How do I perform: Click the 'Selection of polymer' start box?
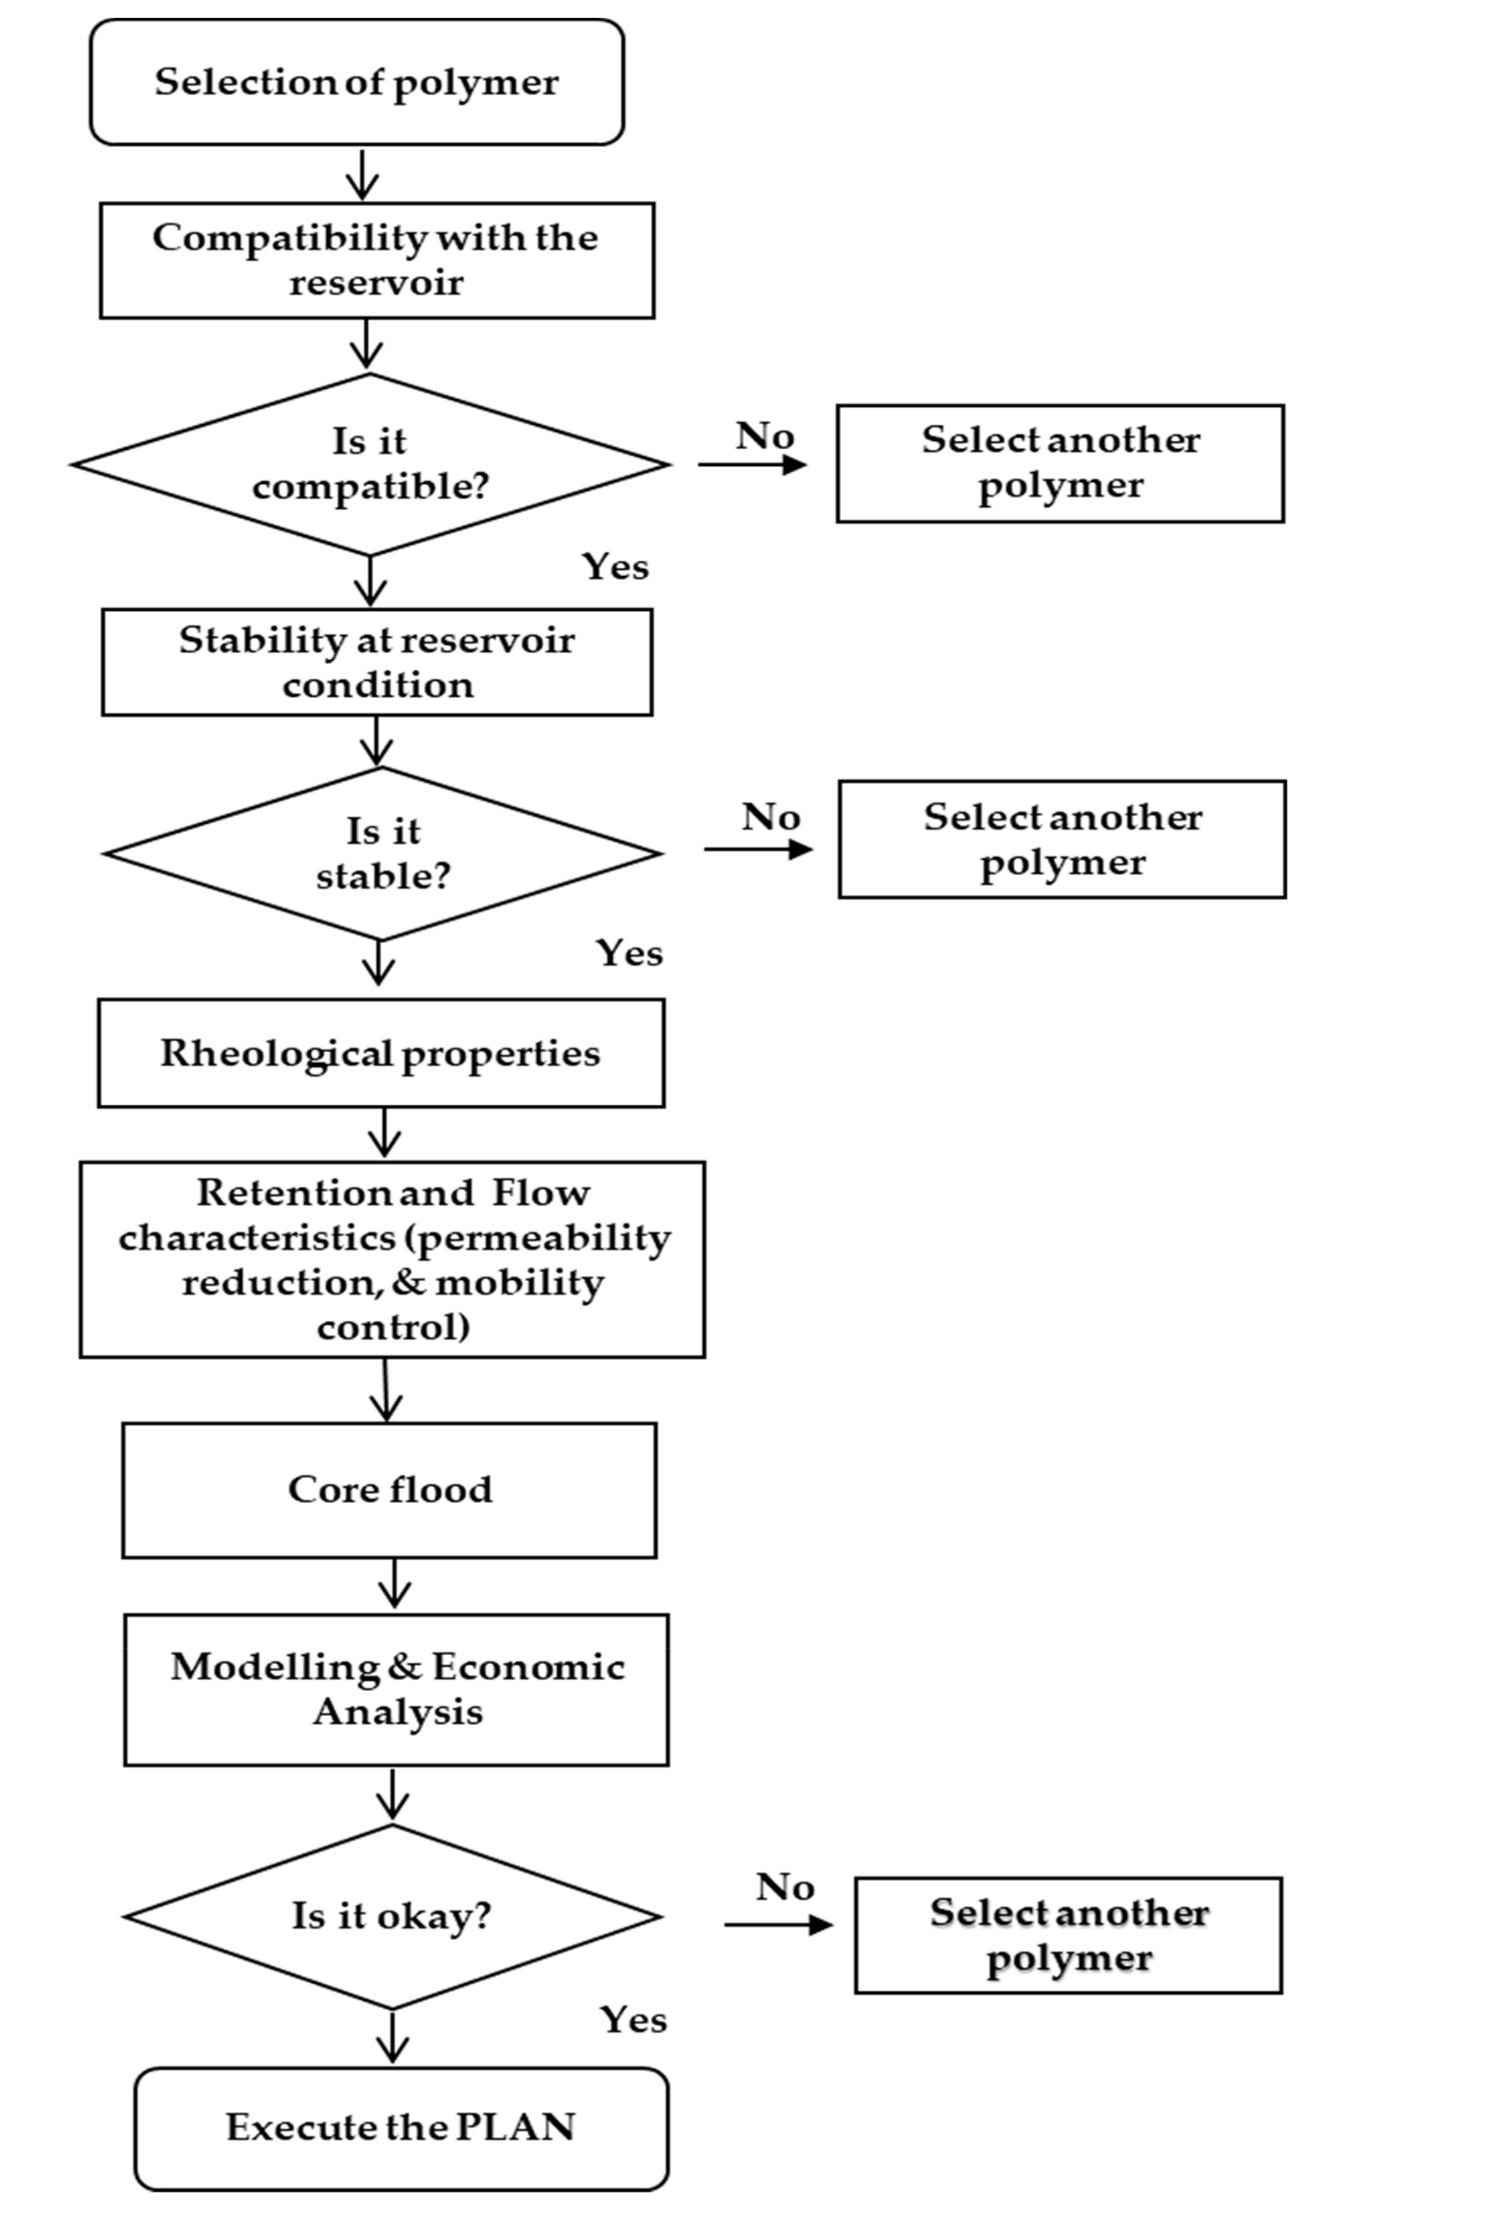357,83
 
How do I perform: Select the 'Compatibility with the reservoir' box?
377,260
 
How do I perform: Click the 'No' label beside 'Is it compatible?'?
764,437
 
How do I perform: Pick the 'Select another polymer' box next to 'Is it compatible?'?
1060,464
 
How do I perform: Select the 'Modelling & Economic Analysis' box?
396,1690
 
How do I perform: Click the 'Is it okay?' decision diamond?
392,1917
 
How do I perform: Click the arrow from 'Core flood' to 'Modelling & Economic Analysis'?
394,1585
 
